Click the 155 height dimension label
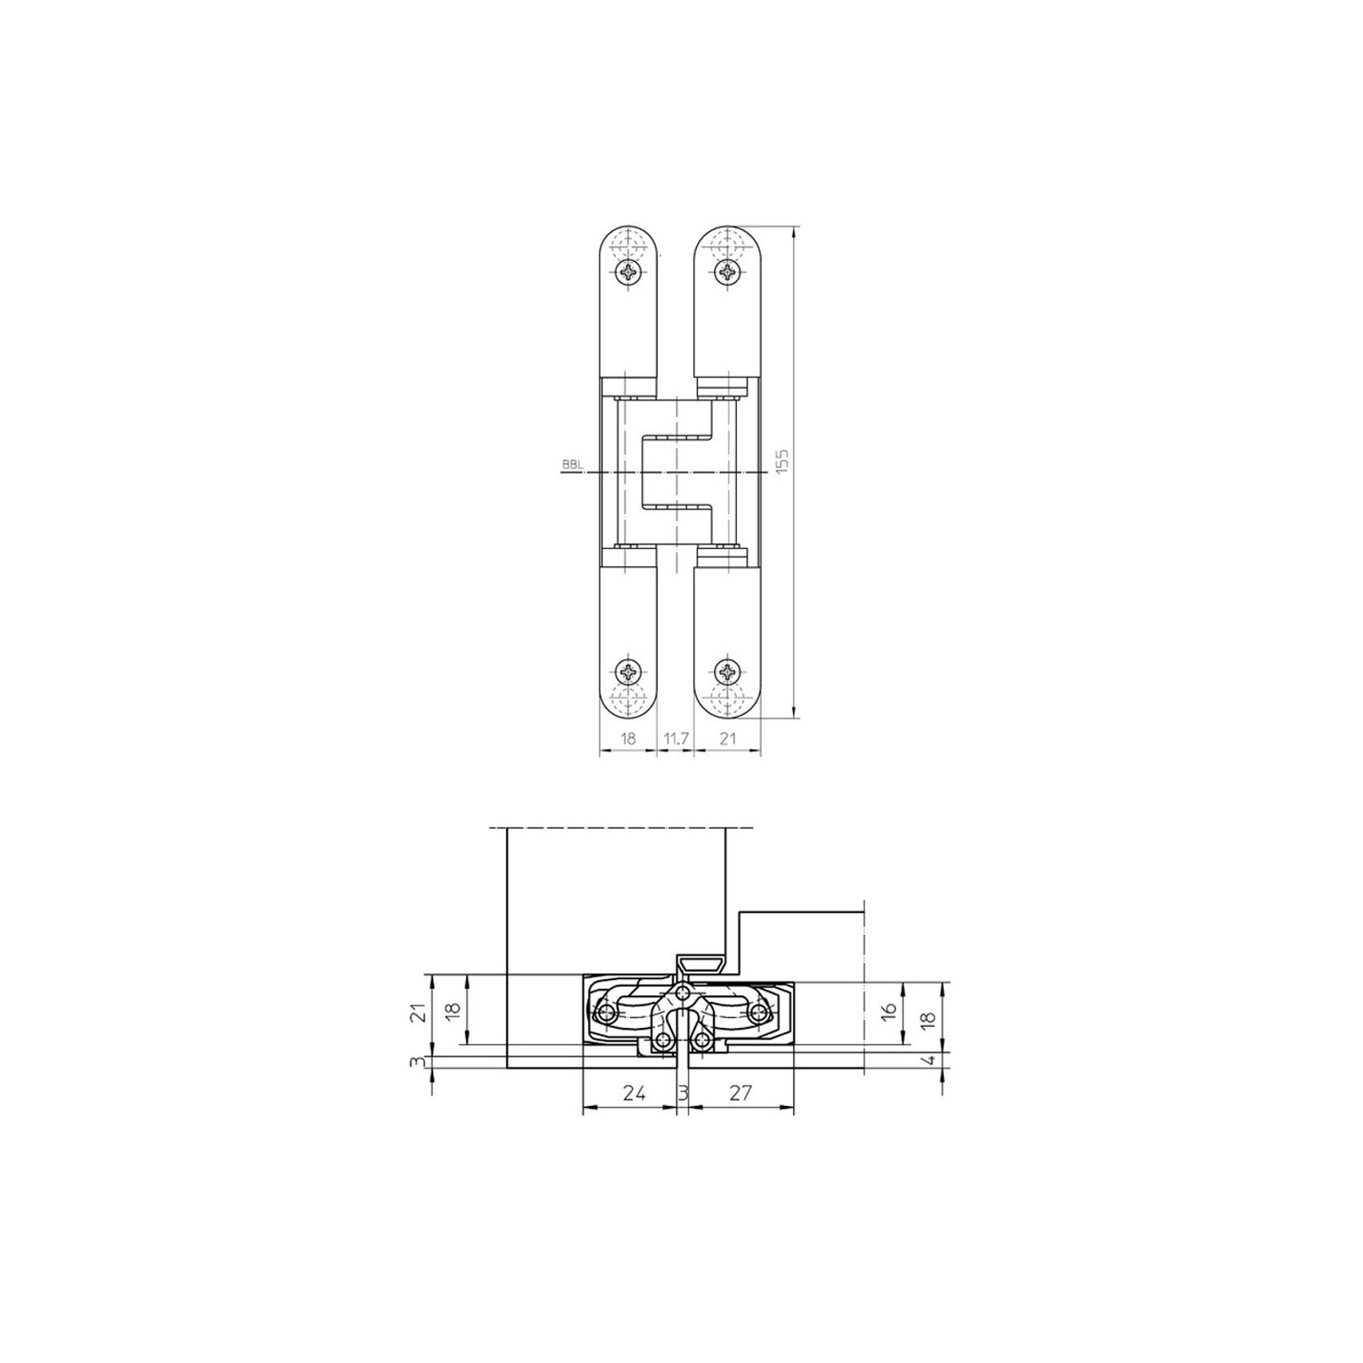[783, 463]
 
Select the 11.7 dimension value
[676, 738]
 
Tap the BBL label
[571, 465]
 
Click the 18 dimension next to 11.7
[628, 738]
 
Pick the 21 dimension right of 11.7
[728, 738]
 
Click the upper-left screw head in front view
[629, 272]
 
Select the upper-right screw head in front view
[726, 272]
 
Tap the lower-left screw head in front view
[629, 672]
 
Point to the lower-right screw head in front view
[726, 672]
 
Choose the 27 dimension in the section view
[739, 1093]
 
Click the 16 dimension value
[889, 1011]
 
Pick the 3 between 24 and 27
[683, 1093]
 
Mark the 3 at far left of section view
[417, 1061]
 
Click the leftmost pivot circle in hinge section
[607, 1012]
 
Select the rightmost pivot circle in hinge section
[760, 1012]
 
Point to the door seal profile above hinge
[702, 965]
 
